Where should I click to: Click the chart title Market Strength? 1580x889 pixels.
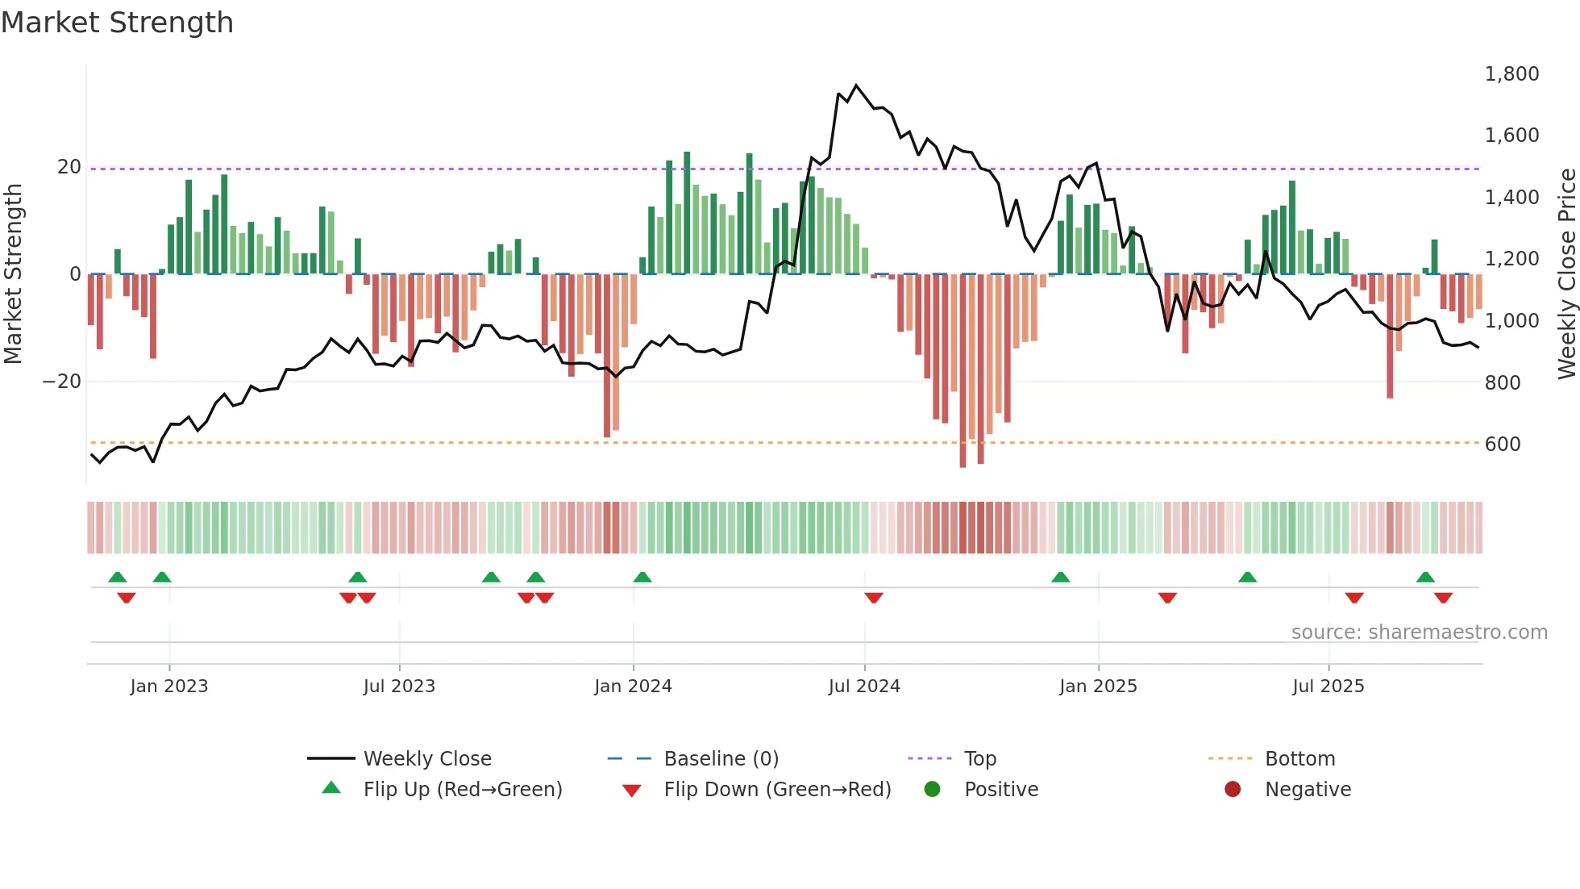pos(117,23)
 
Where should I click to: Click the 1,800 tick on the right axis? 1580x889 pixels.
pos(1511,74)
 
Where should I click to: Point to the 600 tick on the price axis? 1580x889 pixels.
pos(1503,444)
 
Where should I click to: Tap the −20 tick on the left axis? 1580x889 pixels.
pos(62,382)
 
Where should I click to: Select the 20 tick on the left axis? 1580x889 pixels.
pos(69,167)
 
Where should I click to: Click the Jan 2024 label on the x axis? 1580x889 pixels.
pos(633,687)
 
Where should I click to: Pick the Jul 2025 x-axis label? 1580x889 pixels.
pos(1328,687)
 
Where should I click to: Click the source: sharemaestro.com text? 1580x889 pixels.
pos(1419,632)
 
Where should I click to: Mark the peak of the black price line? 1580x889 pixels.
pos(856,85)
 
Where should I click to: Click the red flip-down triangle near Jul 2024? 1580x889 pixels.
pos(874,598)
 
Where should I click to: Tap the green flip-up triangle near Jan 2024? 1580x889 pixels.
pos(642,577)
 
